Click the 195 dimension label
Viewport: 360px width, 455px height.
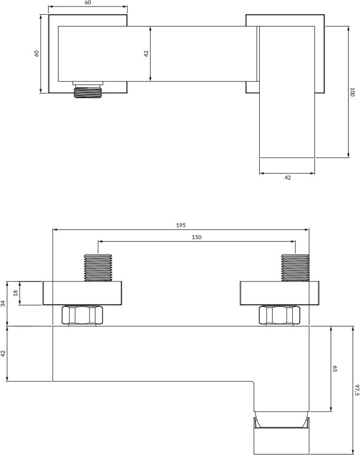(x=181, y=225)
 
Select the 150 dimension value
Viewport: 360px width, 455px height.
(x=196, y=238)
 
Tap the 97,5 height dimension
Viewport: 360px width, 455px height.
(x=357, y=390)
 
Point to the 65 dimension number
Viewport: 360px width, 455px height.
(x=335, y=369)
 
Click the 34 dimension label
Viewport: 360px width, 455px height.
(x=3, y=304)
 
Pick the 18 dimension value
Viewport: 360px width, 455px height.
(x=16, y=293)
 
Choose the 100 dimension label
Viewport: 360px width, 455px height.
(x=352, y=92)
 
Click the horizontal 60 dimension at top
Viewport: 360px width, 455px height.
(x=88, y=3)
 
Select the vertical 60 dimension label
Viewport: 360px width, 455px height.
(x=36, y=53)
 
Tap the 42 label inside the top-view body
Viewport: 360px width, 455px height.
(x=146, y=54)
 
